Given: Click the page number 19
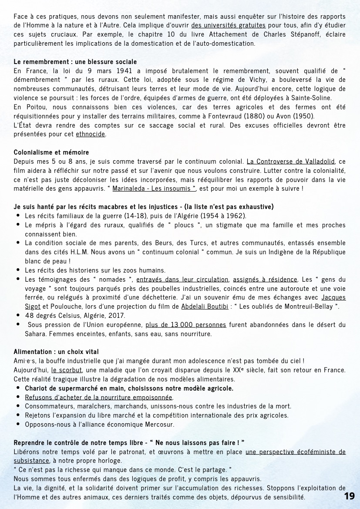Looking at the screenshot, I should point(349,496).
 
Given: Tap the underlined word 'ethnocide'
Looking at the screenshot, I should point(91,134).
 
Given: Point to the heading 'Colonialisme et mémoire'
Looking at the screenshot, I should point(51,152).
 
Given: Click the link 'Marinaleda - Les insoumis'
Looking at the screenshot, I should point(154,189).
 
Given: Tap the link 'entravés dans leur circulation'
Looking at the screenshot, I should point(182,279).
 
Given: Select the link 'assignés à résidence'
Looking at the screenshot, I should point(265,279).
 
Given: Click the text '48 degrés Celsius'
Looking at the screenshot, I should point(50,315).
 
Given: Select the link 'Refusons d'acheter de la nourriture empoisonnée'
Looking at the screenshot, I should point(99,397).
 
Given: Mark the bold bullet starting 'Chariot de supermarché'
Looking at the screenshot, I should point(129,388).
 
